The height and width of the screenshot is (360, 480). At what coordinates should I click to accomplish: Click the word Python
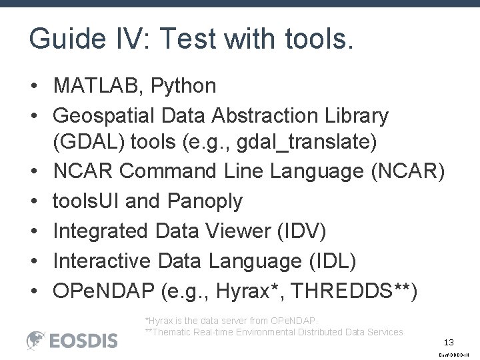click(186, 86)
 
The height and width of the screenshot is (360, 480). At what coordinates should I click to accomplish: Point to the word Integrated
click(101, 231)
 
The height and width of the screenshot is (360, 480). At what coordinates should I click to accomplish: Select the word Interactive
click(99, 261)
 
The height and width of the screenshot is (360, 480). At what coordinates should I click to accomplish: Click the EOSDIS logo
click(71, 341)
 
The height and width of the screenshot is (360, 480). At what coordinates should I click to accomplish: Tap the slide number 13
click(449, 342)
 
